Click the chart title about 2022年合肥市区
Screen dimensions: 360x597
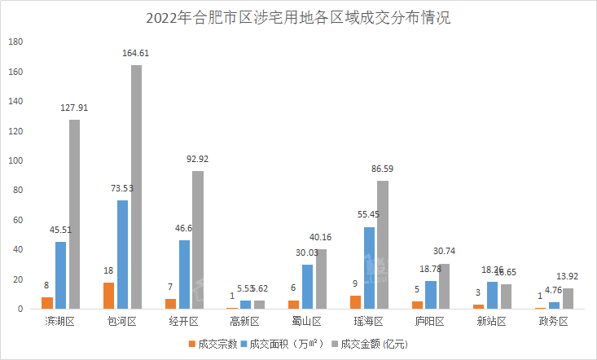point(297,17)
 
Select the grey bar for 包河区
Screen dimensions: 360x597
point(136,187)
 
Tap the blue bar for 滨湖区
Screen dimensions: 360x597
point(60,275)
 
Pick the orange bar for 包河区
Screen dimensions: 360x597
point(108,296)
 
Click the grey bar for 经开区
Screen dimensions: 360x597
point(198,240)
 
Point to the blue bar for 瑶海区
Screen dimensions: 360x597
point(369,268)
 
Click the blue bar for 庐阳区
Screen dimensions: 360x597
point(431,295)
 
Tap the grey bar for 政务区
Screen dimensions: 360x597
point(567,299)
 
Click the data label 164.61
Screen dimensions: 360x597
point(135,53)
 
